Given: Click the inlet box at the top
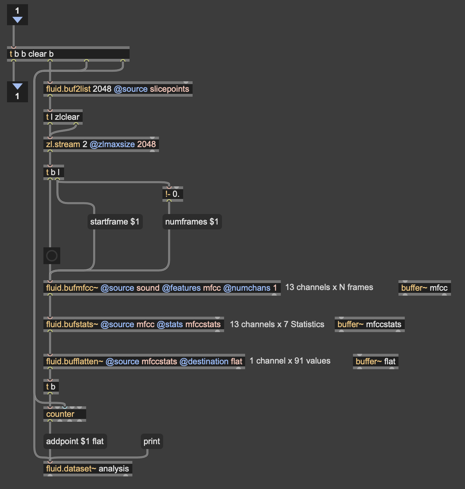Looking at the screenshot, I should pyautogui.click(x=17, y=15).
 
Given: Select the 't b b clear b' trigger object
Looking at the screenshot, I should pyautogui.click(x=68, y=54).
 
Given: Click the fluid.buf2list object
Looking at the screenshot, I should pyautogui.click(x=118, y=89).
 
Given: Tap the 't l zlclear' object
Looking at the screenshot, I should pyautogui.click(x=63, y=117).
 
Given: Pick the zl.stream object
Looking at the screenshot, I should pyautogui.click(x=101, y=144).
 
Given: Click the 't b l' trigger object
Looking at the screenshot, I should pyautogui.click(x=53, y=172).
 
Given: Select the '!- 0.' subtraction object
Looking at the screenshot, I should pyautogui.click(x=172, y=194).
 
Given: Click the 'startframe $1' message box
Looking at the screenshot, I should pyautogui.click(x=115, y=222).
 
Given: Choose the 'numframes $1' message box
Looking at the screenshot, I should pyautogui.click(x=192, y=222).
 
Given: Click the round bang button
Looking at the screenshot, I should pyautogui.click(x=52, y=256).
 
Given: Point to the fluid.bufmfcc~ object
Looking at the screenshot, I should pyautogui.click(x=161, y=288).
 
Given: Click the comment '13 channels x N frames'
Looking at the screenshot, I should pyautogui.click(x=329, y=287).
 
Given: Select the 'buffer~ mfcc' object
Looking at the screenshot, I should pyautogui.click(x=424, y=288).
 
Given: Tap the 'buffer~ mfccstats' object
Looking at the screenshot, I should pyautogui.click(x=369, y=324).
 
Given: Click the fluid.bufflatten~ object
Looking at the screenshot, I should pyautogui.click(x=144, y=361).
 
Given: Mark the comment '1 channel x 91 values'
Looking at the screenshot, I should pyautogui.click(x=290, y=361).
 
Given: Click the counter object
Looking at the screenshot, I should pyautogui.click(x=64, y=414).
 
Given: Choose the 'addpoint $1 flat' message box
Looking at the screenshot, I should pyautogui.click(x=75, y=441).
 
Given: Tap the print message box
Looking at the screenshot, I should pyautogui.click(x=152, y=441).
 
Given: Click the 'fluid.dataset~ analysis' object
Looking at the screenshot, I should pyautogui.click(x=88, y=469).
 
